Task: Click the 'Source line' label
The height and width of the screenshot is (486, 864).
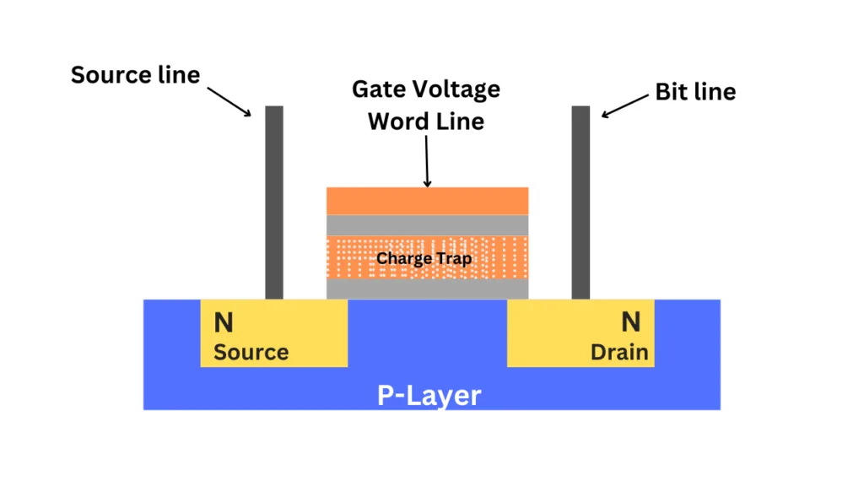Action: tap(135, 75)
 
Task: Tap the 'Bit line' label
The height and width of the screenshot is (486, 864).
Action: tap(695, 92)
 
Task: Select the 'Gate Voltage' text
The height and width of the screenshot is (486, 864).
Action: tap(426, 89)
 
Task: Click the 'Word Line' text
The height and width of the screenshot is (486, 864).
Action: tap(426, 121)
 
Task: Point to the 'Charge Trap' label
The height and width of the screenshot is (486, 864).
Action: tap(424, 258)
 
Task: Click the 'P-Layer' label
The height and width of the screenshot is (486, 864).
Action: tap(429, 395)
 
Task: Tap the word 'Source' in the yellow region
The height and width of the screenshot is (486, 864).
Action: tap(251, 352)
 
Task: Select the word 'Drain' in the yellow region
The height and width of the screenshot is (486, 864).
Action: tap(619, 352)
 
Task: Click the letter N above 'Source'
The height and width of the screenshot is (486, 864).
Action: tap(224, 322)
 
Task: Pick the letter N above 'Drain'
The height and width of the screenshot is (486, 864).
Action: tap(631, 322)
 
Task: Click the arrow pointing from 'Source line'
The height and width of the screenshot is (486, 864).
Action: tap(229, 99)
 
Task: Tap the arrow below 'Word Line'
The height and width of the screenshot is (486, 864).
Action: tap(427, 160)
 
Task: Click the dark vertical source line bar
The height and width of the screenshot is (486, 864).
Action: tap(274, 202)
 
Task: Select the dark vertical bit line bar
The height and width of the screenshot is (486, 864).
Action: tap(580, 202)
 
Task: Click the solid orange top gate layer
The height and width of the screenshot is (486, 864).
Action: tap(427, 201)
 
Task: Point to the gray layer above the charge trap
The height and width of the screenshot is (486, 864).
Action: tap(427, 224)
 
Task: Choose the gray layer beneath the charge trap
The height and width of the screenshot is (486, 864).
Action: tap(427, 289)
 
